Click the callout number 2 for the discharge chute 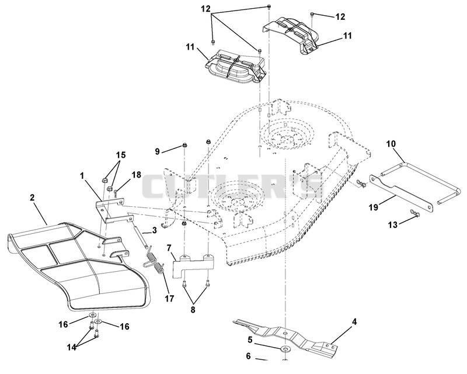click(x=32, y=198)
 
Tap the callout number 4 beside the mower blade click(x=354, y=322)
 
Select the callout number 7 click(x=169, y=248)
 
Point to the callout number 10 click(x=391, y=144)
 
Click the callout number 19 click(x=374, y=207)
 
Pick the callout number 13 click(x=393, y=224)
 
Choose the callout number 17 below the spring click(x=169, y=298)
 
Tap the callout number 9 click(x=157, y=151)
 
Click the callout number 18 click(x=136, y=175)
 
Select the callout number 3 click(x=154, y=231)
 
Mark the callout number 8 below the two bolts click(x=193, y=310)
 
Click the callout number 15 click(x=121, y=155)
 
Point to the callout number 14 click(x=71, y=347)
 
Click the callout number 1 click(x=82, y=176)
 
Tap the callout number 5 click(x=250, y=340)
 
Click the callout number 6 click(x=249, y=356)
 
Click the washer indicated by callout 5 click(x=286, y=348)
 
